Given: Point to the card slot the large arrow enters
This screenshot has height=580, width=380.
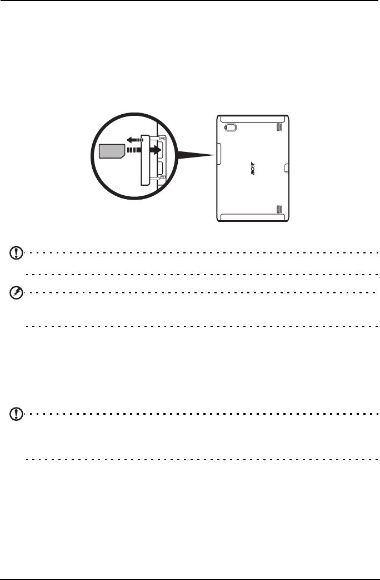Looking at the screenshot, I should [159, 149].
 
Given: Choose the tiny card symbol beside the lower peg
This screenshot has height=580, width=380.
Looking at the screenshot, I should [162, 179].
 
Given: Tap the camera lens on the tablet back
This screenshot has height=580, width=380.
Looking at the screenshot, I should [231, 128].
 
